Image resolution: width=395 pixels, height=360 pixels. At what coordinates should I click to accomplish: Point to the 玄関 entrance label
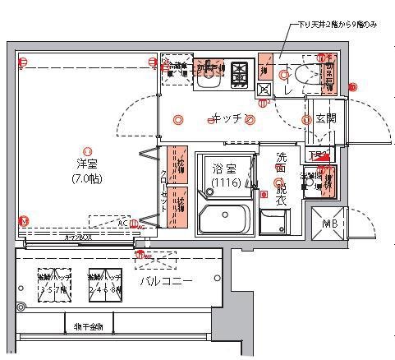pos(326,119)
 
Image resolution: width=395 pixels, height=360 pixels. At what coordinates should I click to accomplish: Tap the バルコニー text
pos(167,282)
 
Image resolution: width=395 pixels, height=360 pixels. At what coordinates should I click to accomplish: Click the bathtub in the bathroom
pos(223,220)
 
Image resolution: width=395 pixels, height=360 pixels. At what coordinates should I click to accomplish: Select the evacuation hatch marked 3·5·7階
pos(53,284)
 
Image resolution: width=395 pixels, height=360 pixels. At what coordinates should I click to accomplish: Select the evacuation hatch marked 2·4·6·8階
pos(105,284)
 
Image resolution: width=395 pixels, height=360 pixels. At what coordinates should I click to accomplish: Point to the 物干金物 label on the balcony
pos(89,326)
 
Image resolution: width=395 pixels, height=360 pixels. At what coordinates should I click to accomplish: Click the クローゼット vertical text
pos(164,189)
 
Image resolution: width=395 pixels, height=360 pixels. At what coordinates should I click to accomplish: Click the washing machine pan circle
pos(278,184)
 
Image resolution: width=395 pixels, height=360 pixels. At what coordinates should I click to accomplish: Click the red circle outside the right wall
pos(353,86)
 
